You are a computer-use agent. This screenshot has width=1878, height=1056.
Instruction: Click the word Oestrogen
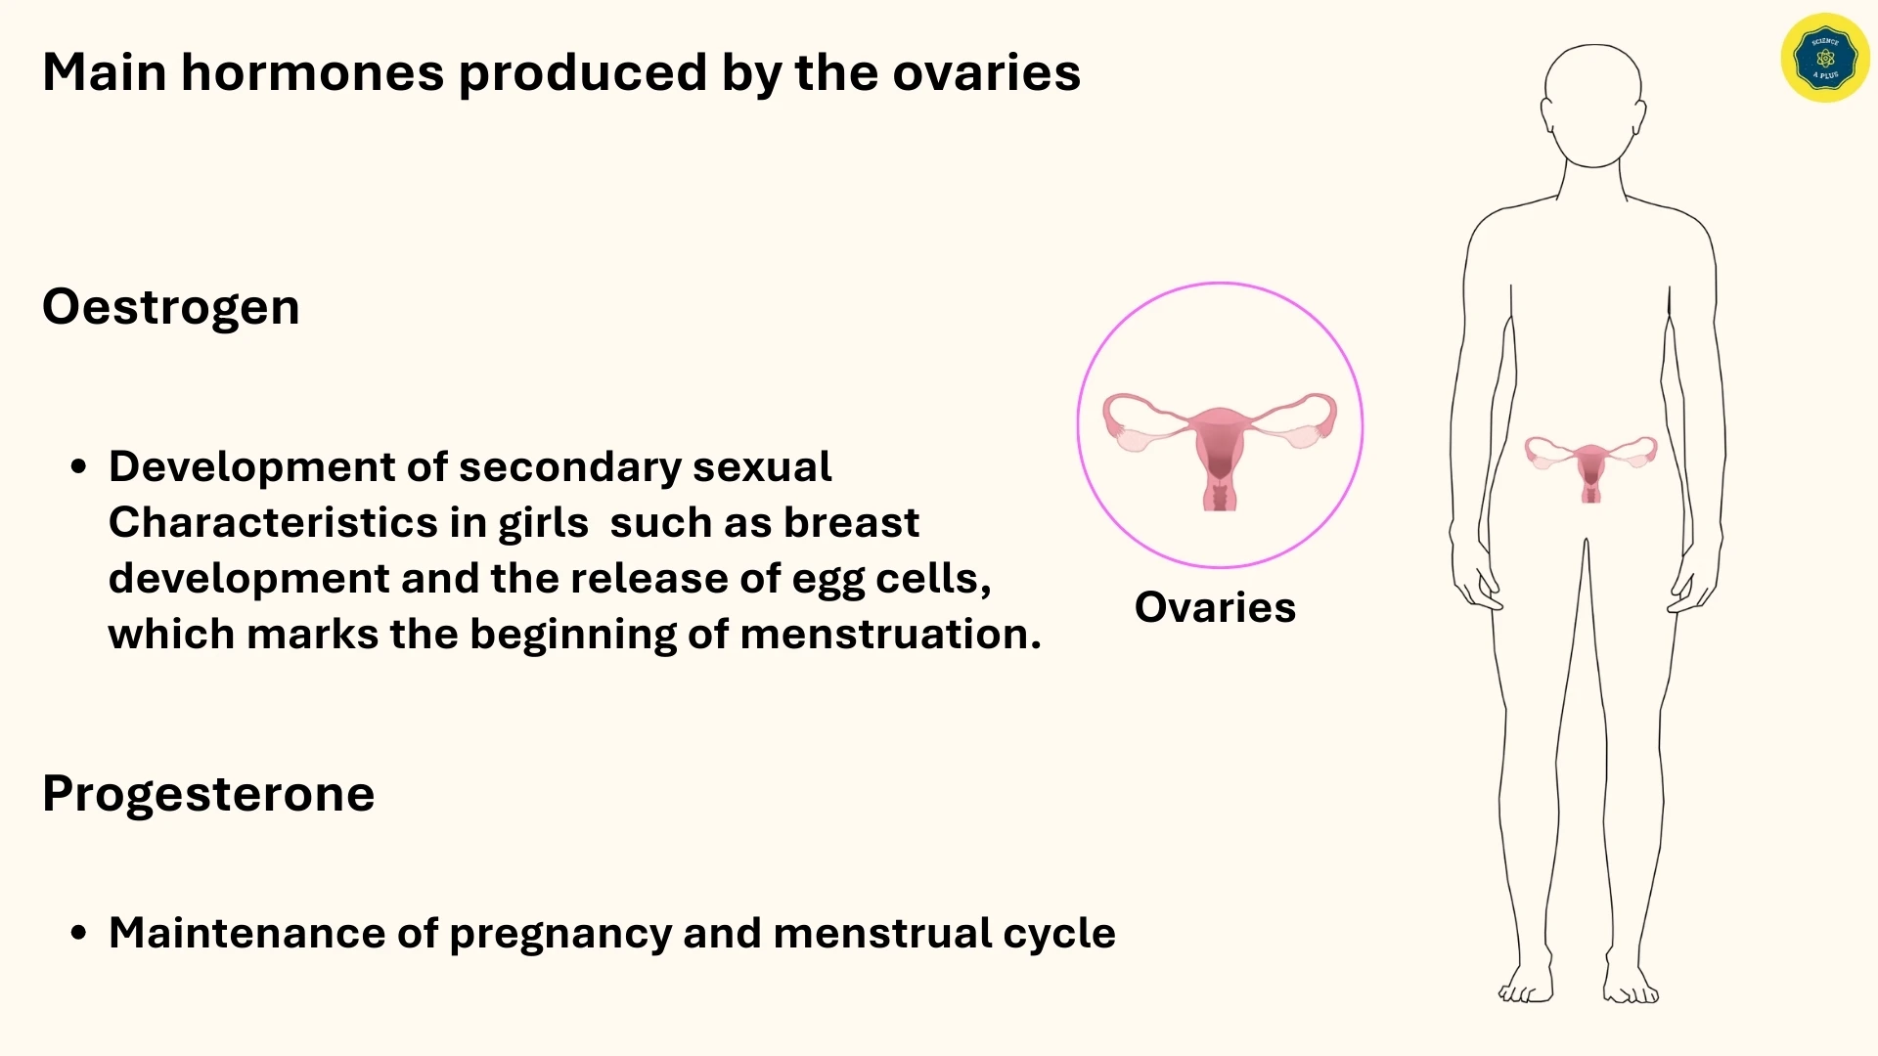click(170, 307)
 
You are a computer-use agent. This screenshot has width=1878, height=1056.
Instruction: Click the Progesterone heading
click(207, 793)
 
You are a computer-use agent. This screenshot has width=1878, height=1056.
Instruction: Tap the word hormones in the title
click(312, 72)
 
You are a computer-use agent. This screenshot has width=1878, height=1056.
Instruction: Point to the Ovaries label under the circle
click(1215, 607)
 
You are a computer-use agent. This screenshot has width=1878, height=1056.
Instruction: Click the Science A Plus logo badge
click(1825, 58)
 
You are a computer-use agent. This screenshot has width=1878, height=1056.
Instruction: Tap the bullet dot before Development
click(79, 466)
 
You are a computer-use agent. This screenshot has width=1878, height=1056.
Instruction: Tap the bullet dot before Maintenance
click(79, 933)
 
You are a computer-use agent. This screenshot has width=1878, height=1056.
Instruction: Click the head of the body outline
click(1593, 103)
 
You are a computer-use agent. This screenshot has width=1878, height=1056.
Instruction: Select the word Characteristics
click(272, 523)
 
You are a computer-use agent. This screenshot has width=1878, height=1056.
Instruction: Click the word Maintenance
click(246, 933)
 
